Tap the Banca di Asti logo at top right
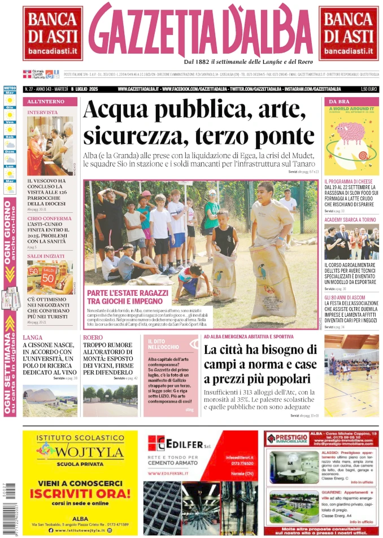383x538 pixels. [348, 33]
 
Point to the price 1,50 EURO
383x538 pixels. [368, 89]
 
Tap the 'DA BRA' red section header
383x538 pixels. [340, 102]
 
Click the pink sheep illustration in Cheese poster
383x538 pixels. [351, 133]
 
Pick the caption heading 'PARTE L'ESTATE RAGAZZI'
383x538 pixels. [128, 293]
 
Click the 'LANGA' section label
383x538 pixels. [33, 338]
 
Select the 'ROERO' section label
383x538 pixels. [93, 338]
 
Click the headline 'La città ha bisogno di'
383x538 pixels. [260, 351]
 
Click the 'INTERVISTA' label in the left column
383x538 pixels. [42, 112]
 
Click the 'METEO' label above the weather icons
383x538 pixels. [10, 89]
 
